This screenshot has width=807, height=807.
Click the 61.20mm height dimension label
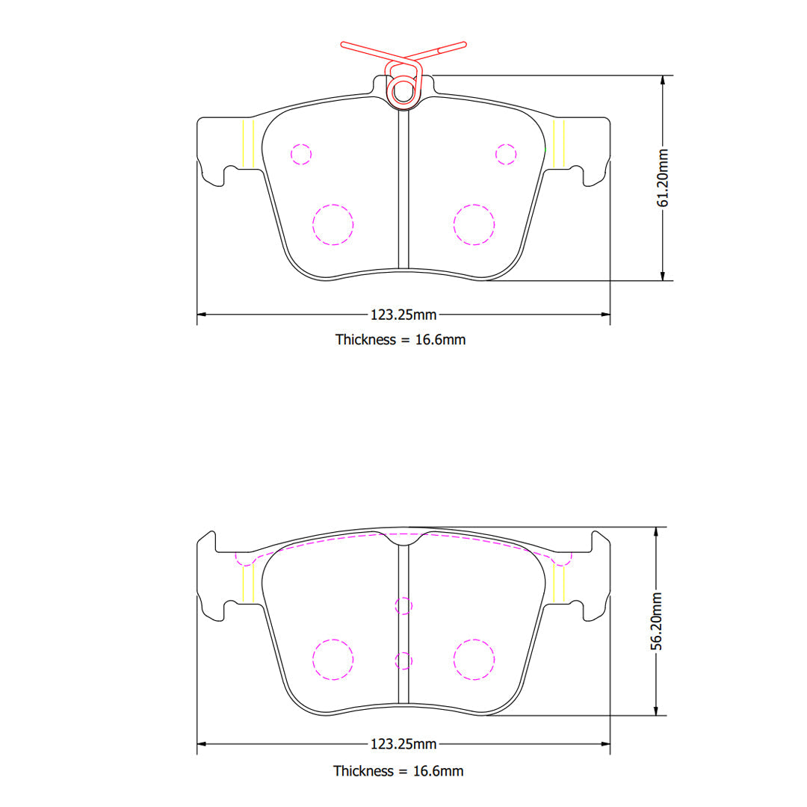(x=663, y=178)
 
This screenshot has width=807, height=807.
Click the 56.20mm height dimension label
(x=656, y=621)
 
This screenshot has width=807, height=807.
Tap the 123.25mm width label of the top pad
(x=403, y=315)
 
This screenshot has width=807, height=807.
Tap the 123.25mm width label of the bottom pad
(x=403, y=743)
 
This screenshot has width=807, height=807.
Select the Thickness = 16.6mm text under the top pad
(x=401, y=340)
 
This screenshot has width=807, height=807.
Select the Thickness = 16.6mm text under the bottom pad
(x=398, y=771)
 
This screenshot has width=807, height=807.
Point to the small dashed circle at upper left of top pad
(x=301, y=155)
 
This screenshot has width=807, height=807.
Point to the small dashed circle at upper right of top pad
(x=506, y=155)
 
